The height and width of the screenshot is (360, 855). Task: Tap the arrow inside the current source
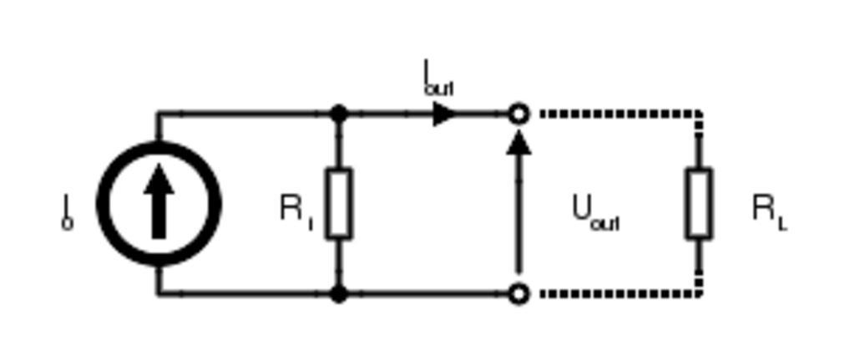(x=159, y=200)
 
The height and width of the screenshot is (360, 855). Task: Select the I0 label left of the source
(x=67, y=211)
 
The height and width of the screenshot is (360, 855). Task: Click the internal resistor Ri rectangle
(x=338, y=203)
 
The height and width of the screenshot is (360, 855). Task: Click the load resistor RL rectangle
(x=698, y=203)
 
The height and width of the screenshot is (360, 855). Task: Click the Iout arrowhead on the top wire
(x=444, y=114)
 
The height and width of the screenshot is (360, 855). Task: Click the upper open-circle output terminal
(x=519, y=114)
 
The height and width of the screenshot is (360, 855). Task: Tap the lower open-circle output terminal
(x=519, y=293)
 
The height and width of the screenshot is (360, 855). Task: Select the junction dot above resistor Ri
(x=338, y=114)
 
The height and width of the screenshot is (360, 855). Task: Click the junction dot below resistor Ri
(x=338, y=293)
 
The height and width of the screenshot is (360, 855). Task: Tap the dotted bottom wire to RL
(x=618, y=293)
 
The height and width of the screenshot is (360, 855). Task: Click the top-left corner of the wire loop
(x=158, y=114)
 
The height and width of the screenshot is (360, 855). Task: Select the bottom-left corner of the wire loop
(x=158, y=293)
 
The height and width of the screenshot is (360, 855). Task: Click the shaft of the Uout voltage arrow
(x=519, y=217)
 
